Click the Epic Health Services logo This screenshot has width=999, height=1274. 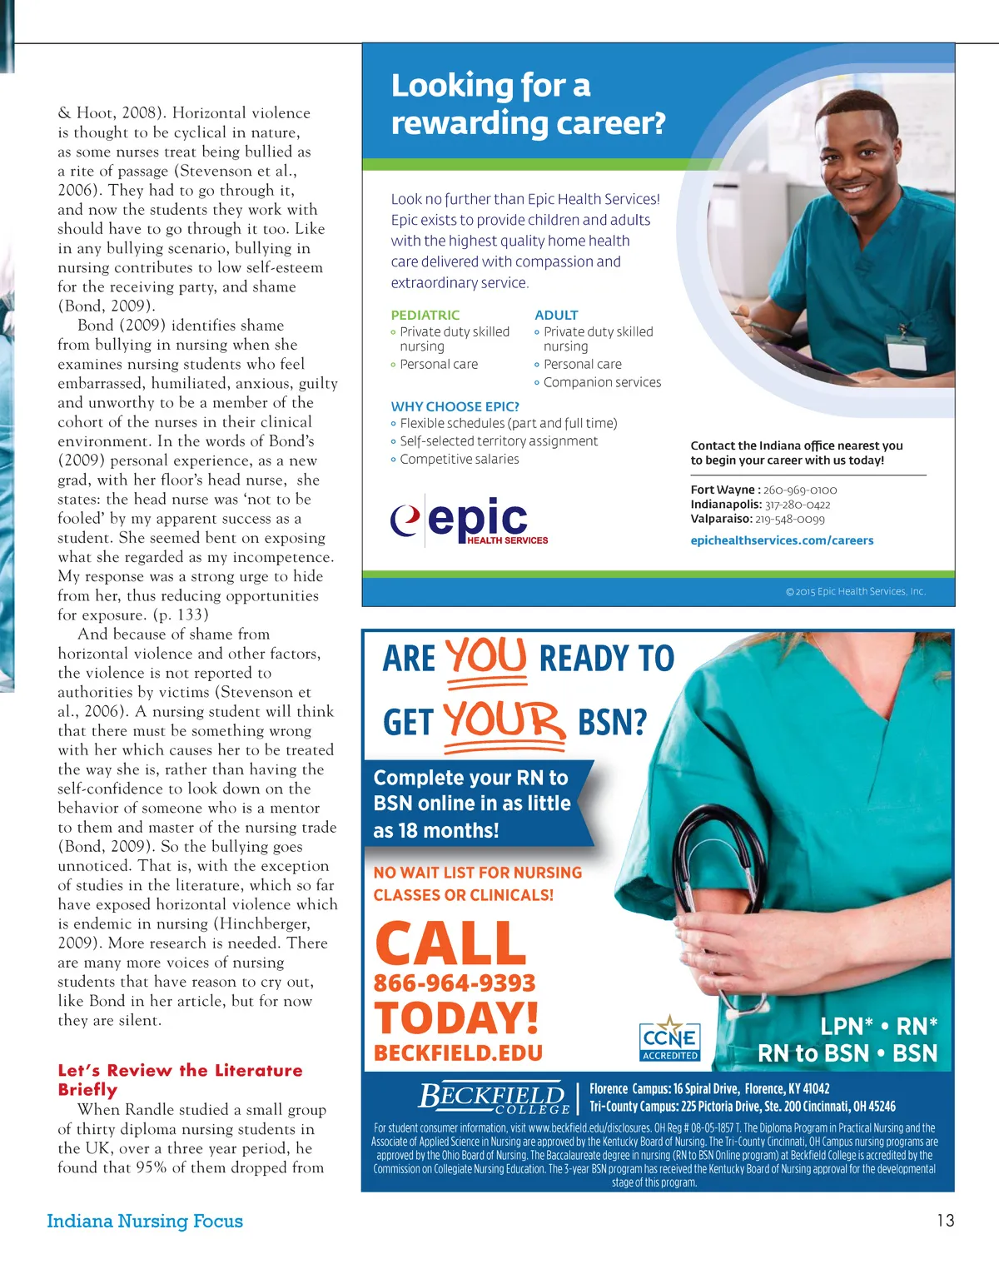[x=470, y=522]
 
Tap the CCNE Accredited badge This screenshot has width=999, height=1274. [x=670, y=1040]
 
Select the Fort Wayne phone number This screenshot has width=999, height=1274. [x=800, y=490]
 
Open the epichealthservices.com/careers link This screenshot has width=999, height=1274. [x=782, y=540]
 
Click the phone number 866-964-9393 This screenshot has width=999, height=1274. [x=455, y=983]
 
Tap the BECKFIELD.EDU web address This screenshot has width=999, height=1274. [x=458, y=1053]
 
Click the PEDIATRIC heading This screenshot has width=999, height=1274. [x=425, y=315]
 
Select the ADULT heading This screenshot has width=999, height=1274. [x=556, y=315]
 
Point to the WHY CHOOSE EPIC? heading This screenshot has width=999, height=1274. [x=455, y=406]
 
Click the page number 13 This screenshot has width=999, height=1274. [x=945, y=1221]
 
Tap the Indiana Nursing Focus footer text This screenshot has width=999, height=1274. [x=145, y=1221]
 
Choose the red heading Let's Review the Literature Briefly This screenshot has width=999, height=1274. [x=180, y=1079]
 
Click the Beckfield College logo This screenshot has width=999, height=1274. [x=493, y=1097]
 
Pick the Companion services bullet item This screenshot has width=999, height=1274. [x=602, y=382]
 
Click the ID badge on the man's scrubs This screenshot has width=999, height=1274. [x=906, y=354]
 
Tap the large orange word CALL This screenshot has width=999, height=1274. [x=450, y=943]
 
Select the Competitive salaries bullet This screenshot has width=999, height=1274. [x=459, y=459]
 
